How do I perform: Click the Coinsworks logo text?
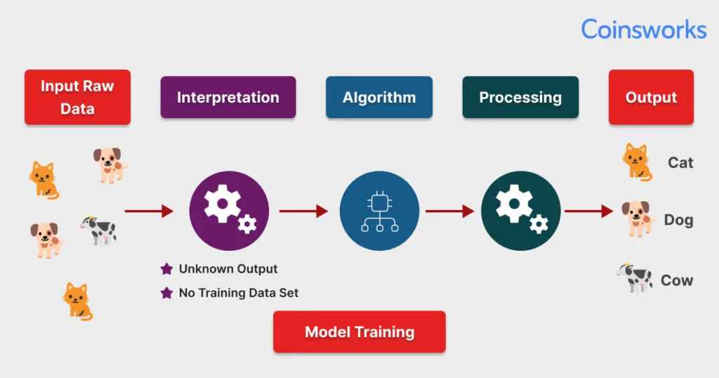click(x=643, y=30)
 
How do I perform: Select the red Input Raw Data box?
click(x=77, y=97)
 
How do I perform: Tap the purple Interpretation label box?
click(x=228, y=98)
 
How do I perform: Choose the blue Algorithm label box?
click(x=379, y=98)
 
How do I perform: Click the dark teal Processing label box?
click(x=520, y=98)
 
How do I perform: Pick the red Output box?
click(x=651, y=98)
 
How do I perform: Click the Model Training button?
click(x=359, y=332)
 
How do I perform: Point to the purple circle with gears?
click(x=229, y=211)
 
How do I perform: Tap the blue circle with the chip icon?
click(x=379, y=211)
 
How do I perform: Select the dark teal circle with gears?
click(x=520, y=211)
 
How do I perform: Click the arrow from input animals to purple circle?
click(x=149, y=211)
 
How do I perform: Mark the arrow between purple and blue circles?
click(x=303, y=211)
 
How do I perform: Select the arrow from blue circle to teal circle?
click(x=449, y=211)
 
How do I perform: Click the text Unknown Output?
click(x=228, y=269)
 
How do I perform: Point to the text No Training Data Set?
click(x=239, y=293)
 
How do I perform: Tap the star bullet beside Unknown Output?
click(x=167, y=269)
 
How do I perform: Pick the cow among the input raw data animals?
click(x=98, y=230)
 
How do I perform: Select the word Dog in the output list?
click(x=678, y=221)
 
